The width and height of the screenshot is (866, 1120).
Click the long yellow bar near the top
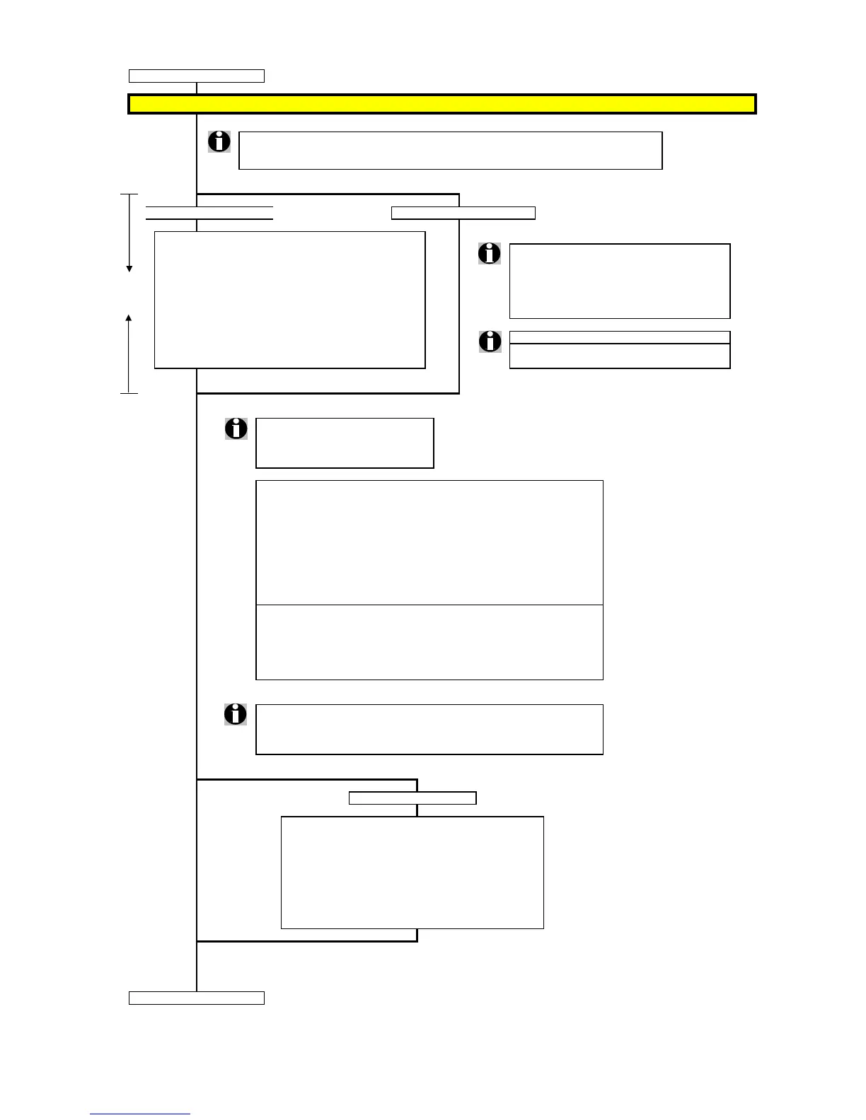coord(441,104)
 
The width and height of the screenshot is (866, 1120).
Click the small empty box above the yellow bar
coord(196,76)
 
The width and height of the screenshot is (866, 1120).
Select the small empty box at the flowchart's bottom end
coord(196,998)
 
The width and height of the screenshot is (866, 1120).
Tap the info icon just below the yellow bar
coord(219,141)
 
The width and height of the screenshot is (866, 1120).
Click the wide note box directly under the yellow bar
coord(450,150)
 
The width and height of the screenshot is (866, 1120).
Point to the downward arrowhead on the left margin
coord(129,269)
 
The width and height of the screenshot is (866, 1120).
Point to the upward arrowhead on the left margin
coord(129,318)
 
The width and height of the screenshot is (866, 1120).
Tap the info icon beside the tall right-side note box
coord(490,253)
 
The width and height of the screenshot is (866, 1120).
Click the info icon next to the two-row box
coord(490,341)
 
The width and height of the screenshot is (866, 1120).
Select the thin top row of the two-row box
coord(619,337)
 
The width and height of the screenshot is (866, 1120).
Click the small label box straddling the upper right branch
coord(463,213)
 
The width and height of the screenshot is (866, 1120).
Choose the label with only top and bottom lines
coord(209,213)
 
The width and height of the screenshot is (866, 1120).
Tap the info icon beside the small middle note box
coord(236,428)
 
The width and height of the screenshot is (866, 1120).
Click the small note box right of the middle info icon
coord(345,443)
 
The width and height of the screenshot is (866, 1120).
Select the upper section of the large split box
coord(429,542)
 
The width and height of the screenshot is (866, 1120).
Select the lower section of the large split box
coord(429,642)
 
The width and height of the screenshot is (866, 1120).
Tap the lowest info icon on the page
coord(236,714)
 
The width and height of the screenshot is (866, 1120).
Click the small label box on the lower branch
coord(412,798)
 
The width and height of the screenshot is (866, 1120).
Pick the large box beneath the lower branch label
coord(412,873)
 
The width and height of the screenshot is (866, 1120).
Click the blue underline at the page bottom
coord(140,1114)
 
